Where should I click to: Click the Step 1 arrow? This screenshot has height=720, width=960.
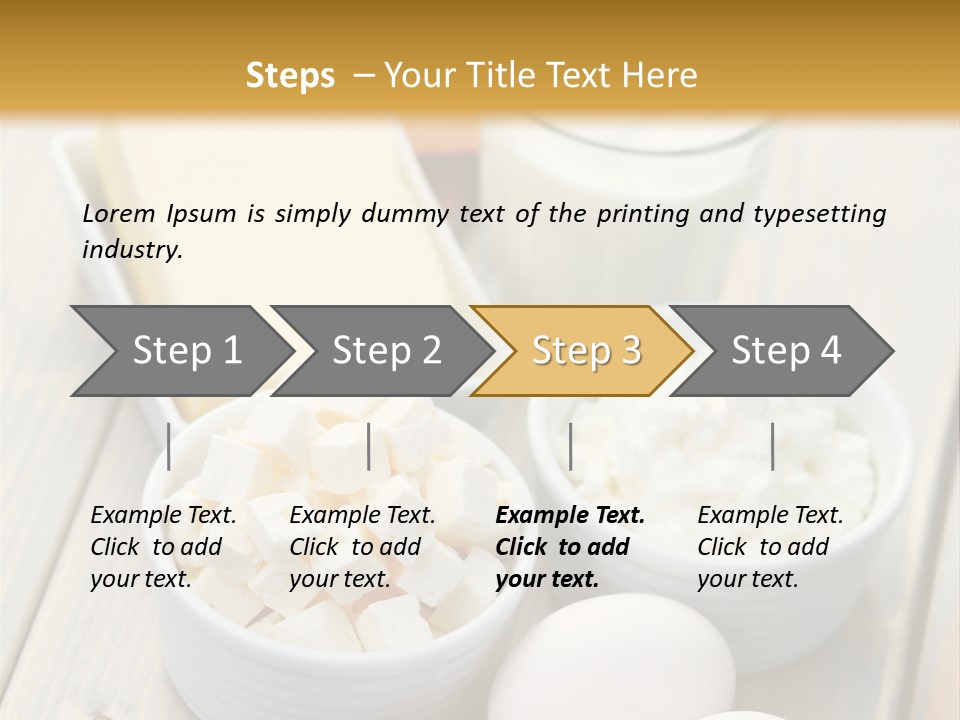click(x=180, y=351)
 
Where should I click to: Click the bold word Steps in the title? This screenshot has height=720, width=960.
click(x=290, y=76)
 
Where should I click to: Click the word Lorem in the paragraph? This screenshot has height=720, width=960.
click(x=119, y=214)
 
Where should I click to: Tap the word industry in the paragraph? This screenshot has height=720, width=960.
click(x=131, y=250)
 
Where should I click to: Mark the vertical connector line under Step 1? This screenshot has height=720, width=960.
click(x=169, y=446)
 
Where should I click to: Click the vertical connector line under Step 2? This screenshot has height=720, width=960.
click(x=369, y=446)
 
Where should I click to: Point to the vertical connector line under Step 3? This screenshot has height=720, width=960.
click(x=570, y=446)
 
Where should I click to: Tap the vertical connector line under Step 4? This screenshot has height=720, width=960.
click(x=772, y=446)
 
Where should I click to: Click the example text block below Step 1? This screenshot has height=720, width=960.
click(x=163, y=547)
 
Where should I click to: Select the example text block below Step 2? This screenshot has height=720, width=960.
click(x=362, y=547)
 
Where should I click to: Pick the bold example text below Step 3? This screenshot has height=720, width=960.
click(x=570, y=547)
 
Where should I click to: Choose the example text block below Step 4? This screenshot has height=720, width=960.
click(x=770, y=547)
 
